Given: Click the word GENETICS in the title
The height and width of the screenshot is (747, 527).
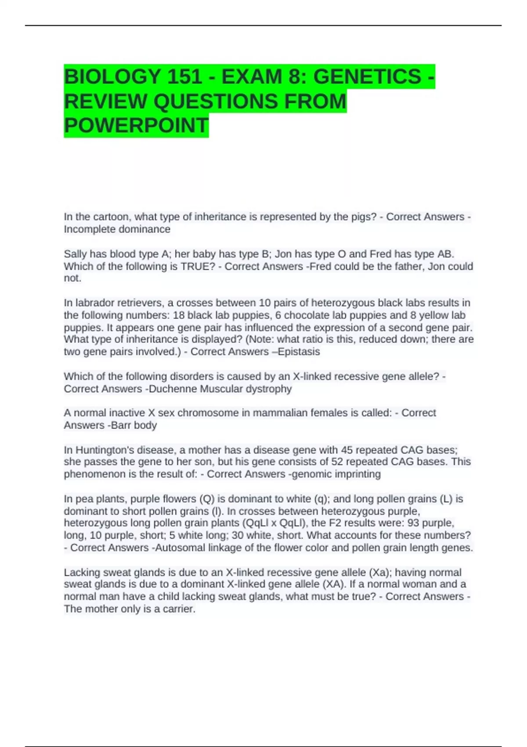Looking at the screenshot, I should tap(367, 77).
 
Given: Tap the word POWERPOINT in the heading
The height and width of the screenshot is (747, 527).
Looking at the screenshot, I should tap(136, 126).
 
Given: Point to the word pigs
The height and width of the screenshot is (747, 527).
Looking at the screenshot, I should tap(362, 217).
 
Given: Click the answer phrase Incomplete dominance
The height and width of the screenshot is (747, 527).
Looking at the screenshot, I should tap(117, 229).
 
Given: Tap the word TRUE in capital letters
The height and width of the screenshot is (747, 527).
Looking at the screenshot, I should tap(194, 266).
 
